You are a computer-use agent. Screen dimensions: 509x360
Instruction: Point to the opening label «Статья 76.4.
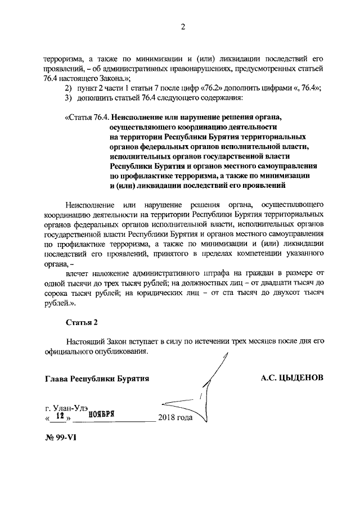[87, 118]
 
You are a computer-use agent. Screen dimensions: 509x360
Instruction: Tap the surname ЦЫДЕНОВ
[301, 378]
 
